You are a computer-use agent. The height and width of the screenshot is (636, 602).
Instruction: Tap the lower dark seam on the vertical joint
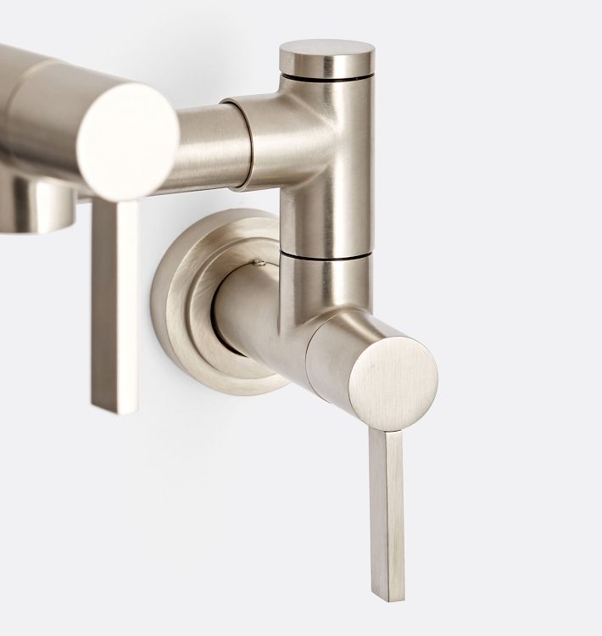pyautogui.click(x=326, y=254)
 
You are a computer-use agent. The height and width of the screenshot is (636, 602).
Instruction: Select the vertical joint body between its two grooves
pyautogui.click(x=326, y=170)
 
